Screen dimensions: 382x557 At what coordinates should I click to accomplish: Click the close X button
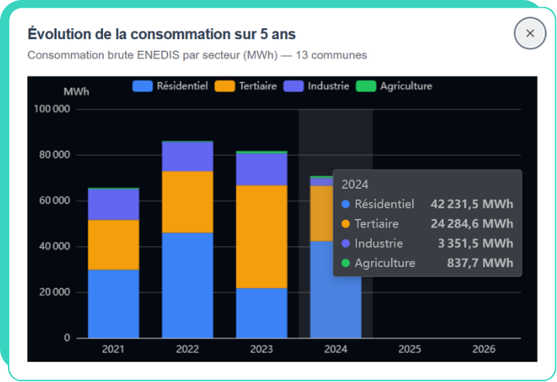click(530, 34)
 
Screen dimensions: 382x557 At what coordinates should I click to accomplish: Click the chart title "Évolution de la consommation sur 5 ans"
click(162, 34)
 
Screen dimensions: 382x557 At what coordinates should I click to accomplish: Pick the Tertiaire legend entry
click(245, 86)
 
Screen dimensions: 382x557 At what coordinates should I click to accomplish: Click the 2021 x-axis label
click(113, 349)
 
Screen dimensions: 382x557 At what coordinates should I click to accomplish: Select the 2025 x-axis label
click(409, 349)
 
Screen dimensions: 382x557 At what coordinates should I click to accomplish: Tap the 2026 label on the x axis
click(484, 349)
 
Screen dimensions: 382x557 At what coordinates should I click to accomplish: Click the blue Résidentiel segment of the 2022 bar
click(187, 285)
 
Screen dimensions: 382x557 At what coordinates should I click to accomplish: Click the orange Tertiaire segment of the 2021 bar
click(113, 245)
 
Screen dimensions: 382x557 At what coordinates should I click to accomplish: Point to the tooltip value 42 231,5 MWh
click(472, 205)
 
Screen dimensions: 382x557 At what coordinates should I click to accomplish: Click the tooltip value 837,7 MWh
click(481, 263)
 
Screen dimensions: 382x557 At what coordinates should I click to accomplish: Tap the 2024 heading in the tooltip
click(355, 184)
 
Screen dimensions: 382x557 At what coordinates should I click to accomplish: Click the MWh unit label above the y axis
click(77, 91)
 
